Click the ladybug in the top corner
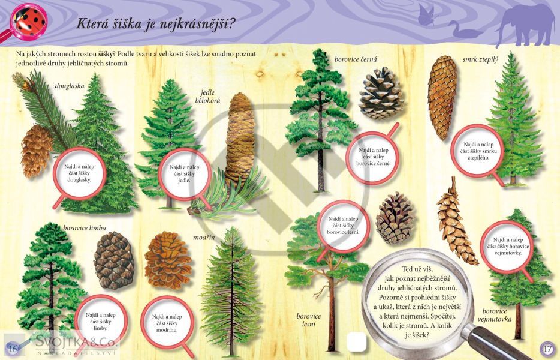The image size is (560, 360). (29, 21)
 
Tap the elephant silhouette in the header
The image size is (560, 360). (525, 25)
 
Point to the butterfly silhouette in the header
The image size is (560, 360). (427, 15)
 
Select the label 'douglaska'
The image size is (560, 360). (70, 86)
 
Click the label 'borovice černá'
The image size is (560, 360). (356, 59)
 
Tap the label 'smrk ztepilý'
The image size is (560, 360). (480, 59)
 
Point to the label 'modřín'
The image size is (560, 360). (204, 237)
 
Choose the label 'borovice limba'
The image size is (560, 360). (85, 228)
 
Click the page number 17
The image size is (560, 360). (546, 347)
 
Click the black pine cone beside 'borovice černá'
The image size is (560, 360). (381, 94)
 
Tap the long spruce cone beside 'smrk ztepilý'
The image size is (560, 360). (442, 98)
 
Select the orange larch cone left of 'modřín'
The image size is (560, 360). (167, 260)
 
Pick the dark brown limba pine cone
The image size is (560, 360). (115, 260)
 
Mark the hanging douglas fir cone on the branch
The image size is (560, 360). (37, 150)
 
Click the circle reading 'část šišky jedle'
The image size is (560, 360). (184, 174)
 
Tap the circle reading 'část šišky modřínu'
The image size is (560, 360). (167, 323)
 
